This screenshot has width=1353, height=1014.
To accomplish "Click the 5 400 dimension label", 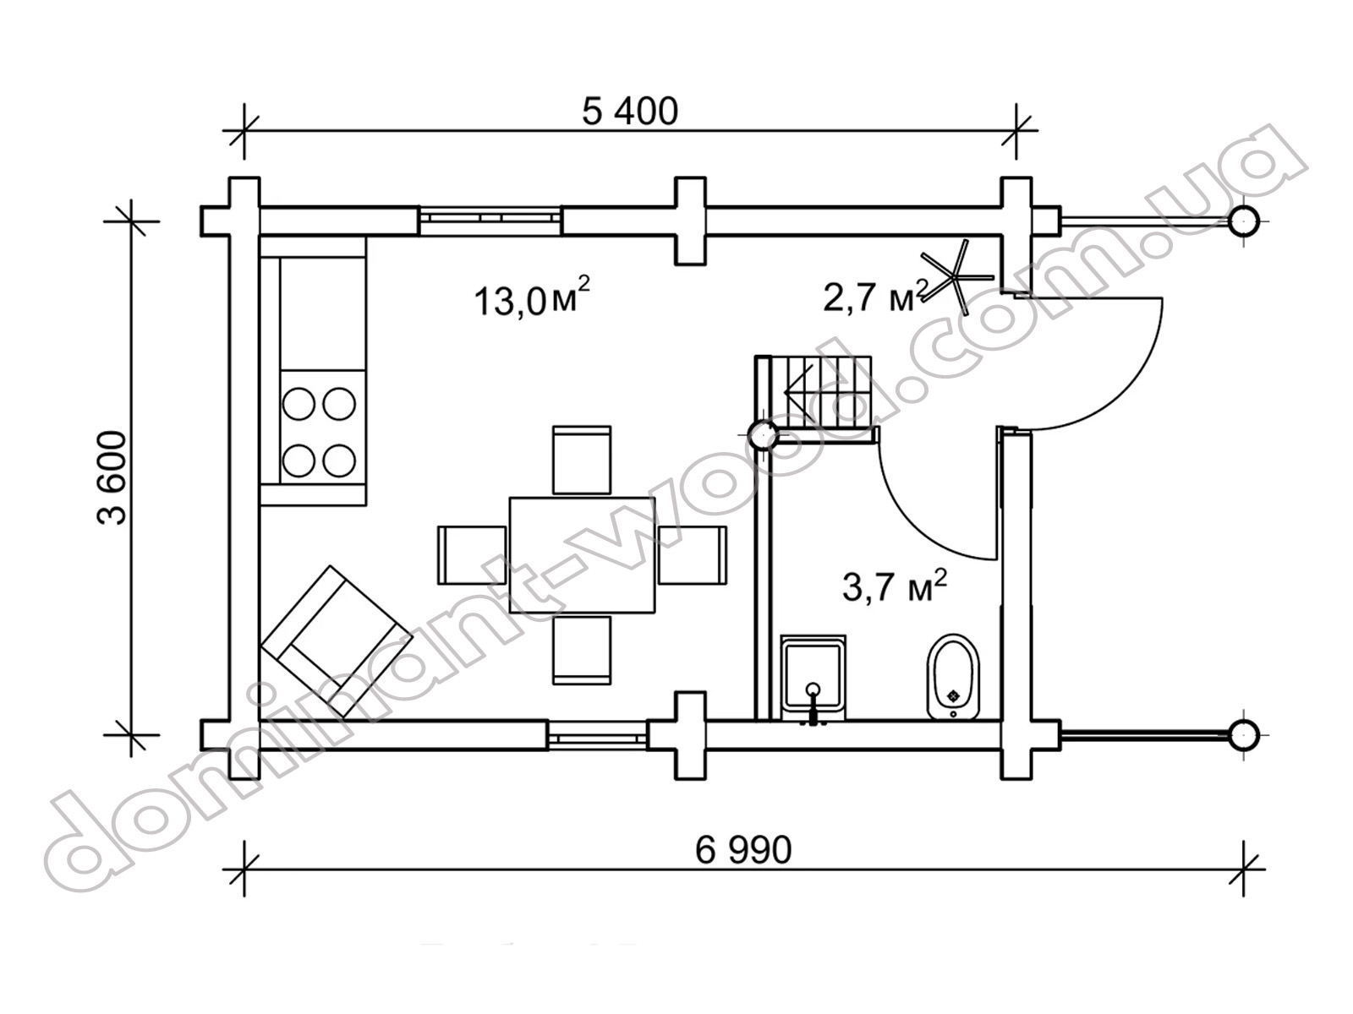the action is click(x=630, y=112).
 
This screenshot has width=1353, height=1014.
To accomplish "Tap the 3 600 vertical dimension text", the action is click(x=112, y=477).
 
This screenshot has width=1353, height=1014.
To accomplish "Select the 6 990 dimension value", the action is click(x=742, y=851).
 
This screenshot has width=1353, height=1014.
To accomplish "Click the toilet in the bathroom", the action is click(x=953, y=677).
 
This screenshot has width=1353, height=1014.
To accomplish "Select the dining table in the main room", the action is click(x=582, y=555).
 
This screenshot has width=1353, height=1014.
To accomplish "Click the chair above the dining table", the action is click(x=582, y=460).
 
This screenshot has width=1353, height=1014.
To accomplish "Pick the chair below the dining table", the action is click(x=582, y=650).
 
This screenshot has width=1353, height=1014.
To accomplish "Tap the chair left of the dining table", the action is click(x=472, y=555).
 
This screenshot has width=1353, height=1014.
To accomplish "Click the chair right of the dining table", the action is click(x=693, y=555).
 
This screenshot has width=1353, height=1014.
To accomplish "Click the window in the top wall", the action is click(x=490, y=221).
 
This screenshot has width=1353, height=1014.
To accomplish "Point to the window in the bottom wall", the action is click(x=597, y=736).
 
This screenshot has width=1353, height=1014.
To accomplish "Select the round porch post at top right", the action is click(x=1244, y=221).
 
